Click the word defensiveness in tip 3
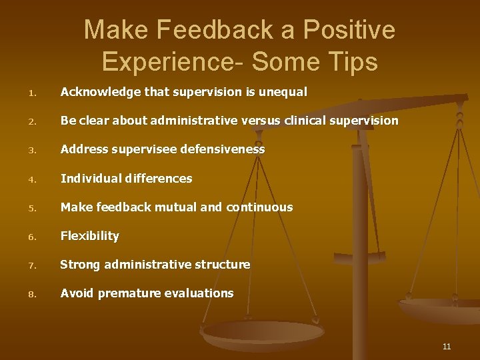(x=223, y=149)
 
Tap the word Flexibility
(x=90, y=236)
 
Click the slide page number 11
(x=446, y=346)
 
